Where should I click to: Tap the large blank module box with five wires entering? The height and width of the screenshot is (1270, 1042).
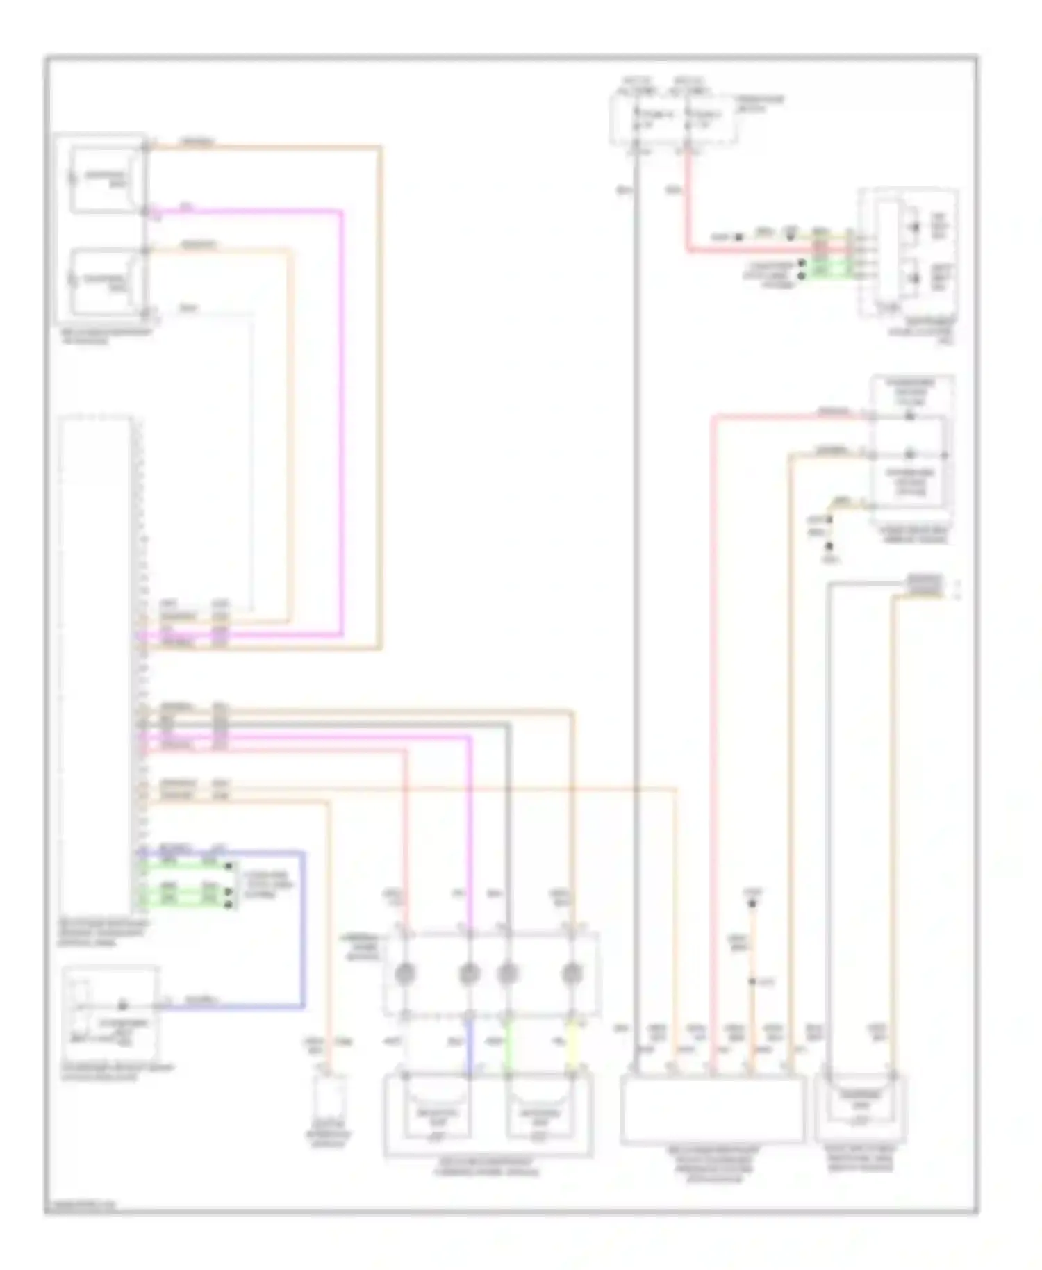(713, 1110)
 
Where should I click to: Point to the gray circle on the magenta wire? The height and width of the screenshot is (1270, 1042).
(470, 973)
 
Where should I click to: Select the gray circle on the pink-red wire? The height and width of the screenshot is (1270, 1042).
(405, 973)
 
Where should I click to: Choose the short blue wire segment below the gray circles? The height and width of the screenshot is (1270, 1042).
(470, 1042)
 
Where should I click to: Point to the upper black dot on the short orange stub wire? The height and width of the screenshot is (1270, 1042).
(752, 904)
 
